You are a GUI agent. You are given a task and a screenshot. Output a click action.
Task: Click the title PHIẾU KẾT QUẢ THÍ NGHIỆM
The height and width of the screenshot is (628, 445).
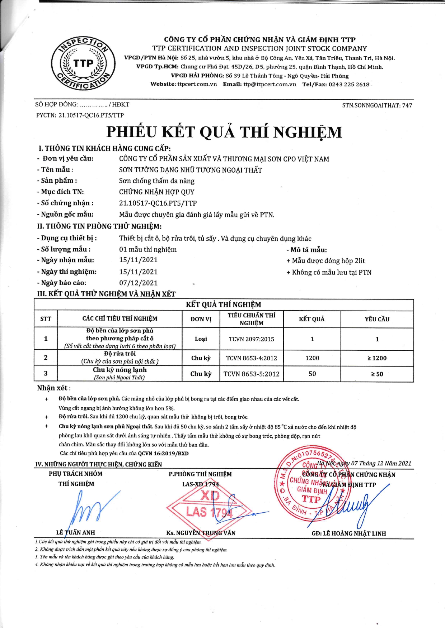(224, 132)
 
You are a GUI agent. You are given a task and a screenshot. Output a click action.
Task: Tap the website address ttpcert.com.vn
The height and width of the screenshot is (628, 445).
(197, 85)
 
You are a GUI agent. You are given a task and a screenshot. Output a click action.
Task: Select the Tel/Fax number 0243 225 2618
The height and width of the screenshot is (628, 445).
(349, 85)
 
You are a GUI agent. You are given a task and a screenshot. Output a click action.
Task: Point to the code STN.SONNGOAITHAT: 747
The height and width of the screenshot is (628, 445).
(377, 105)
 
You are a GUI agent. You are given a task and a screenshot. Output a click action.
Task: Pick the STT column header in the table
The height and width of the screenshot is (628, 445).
(46, 319)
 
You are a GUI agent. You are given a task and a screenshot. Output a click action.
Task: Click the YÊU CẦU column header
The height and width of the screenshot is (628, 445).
(377, 319)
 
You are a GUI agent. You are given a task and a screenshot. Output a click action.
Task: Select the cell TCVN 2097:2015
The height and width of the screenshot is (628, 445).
(251, 339)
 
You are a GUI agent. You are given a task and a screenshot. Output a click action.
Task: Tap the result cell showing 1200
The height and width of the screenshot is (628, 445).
(312, 358)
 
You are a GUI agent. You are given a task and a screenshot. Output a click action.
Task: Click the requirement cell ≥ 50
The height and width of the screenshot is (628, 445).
(377, 374)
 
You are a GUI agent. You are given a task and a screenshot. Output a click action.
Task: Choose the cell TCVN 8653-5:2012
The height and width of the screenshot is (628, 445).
(251, 374)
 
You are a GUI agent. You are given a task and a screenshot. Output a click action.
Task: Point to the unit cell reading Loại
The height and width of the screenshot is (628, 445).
(201, 339)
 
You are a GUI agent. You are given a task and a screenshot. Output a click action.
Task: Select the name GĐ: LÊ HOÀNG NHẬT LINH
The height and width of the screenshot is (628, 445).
(348, 533)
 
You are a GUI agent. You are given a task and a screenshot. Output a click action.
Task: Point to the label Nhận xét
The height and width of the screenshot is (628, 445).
(54, 388)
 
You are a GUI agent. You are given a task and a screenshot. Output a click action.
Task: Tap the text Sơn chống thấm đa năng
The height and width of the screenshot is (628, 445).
(157, 181)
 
